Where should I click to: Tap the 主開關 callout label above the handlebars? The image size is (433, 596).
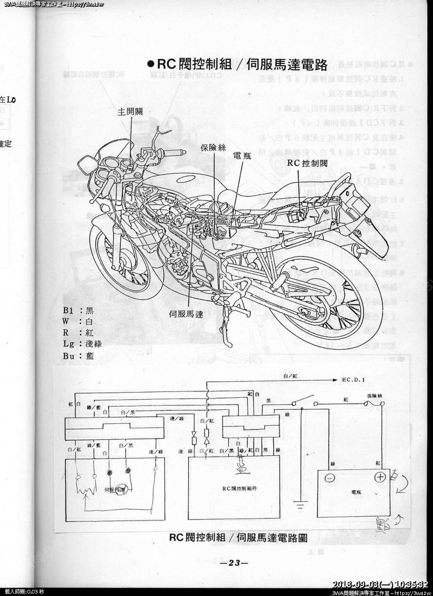tap(130, 112)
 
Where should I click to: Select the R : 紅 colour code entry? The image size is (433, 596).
tap(77, 332)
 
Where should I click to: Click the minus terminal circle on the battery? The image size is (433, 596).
tap(330, 479)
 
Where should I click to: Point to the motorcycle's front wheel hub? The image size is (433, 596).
tap(126, 263)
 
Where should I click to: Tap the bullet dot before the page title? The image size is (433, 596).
tap(150, 64)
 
